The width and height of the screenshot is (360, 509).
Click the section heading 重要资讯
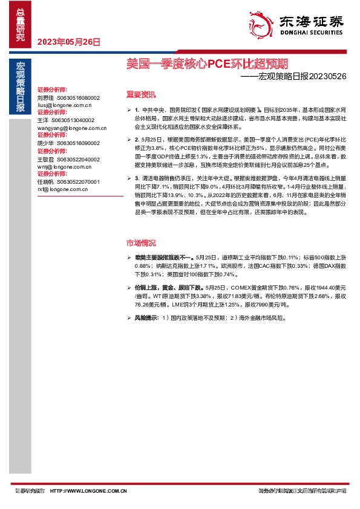click(x=140, y=95)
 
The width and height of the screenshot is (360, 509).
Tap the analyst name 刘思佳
click(x=45, y=97)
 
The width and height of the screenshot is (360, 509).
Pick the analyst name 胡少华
click(x=45, y=143)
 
